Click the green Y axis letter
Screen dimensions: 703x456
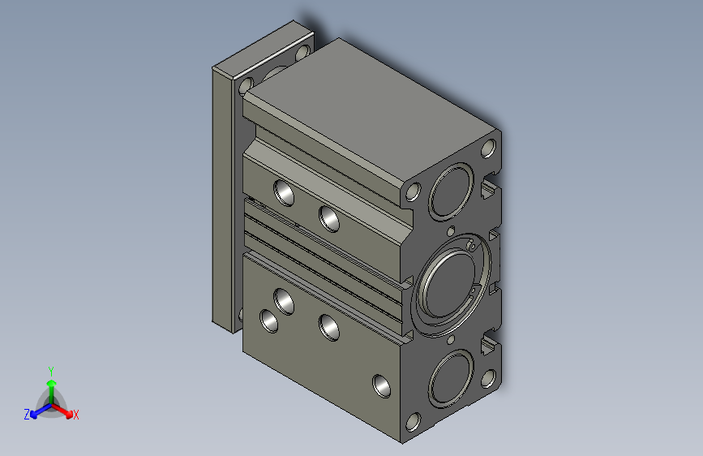51,371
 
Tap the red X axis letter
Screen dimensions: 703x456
75,415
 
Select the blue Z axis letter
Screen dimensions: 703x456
27,415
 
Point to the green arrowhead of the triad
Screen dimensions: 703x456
52,383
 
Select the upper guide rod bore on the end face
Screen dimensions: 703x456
451,191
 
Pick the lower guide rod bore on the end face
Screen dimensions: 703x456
451,379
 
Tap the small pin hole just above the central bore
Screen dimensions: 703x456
451,230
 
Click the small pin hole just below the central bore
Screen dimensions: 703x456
451,340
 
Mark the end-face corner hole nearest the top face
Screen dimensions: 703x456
489,148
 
